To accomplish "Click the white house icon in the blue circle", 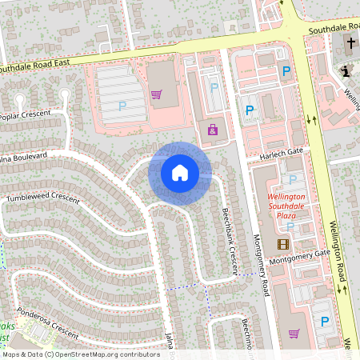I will [x=180, y=173].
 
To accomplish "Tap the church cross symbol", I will [x=352, y=42].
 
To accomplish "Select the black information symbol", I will [x=346, y=71].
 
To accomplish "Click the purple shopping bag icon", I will [x=213, y=129].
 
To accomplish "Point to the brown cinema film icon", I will [x=282, y=244].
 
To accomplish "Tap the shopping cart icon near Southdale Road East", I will [x=156, y=94].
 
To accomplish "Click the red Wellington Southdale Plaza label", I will [x=286, y=205].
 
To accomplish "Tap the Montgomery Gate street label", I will [x=299, y=257].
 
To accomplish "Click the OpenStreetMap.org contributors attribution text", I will [x=109, y=354].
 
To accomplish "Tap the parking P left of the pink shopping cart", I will [x=122, y=106].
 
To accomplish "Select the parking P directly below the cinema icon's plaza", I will [x=324, y=322].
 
